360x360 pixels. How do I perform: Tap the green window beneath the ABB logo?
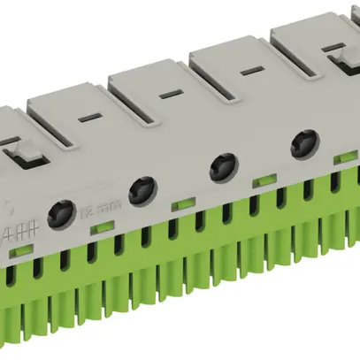click(19, 251)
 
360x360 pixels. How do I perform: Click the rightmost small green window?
click(341, 160)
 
